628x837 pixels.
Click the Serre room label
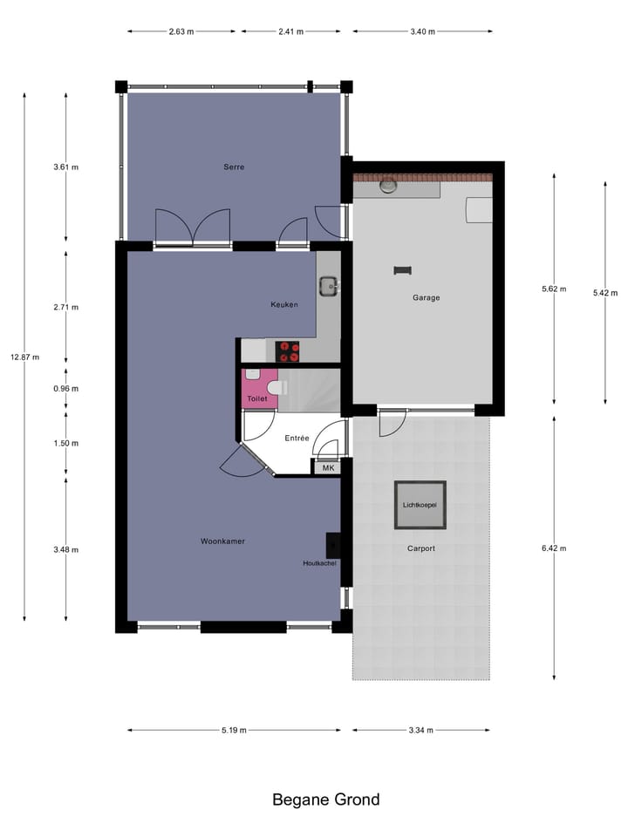coord(234,167)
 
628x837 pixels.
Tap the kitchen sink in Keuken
coord(329,285)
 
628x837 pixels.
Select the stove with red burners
coord(288,351)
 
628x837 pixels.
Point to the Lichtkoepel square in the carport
coord(420,505)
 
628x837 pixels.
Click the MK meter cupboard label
coord(328,468)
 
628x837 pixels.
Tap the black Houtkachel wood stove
coord(333,545)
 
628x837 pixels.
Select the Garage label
coord(427,297)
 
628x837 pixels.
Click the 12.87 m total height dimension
coord(24,357)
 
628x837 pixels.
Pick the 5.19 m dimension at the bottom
coord(233,730)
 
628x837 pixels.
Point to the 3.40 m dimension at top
coord(422,31)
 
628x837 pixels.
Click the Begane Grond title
coord(326,800)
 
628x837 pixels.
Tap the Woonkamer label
coord(222,541)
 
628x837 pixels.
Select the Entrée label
coord(297,439)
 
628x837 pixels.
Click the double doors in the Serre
coord(193,228)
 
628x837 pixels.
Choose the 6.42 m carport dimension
coord(554,548)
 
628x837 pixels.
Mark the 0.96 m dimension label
coord(66,389)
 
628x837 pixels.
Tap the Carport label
coord(420,548)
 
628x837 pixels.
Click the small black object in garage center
coord(402,269)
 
